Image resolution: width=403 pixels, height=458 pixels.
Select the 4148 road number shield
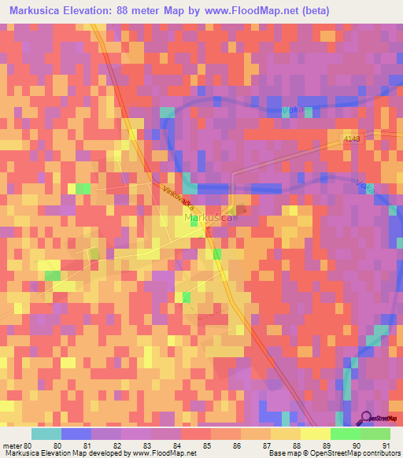351,139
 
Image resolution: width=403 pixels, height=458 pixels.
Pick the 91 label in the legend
386,445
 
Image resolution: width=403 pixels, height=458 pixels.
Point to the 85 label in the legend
206,445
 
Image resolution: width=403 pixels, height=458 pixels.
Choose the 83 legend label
146,445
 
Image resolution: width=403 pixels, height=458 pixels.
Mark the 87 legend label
266,445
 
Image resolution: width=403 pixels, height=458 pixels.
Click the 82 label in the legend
116,445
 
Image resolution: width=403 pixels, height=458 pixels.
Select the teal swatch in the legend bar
46,434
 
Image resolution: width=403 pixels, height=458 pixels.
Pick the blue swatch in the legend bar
76,434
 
